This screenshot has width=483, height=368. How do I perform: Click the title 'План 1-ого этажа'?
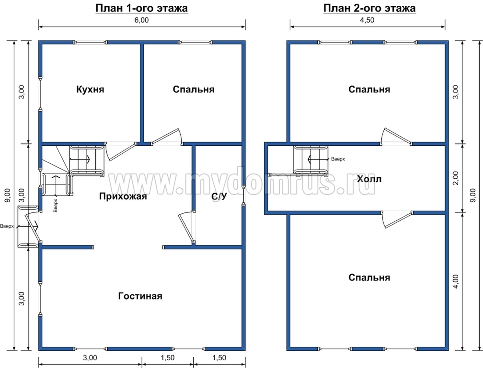(x=142, y=8)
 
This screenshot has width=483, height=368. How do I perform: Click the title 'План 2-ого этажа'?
(x=369, y=8)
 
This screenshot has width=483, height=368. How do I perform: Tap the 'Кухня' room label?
(x=90, y=89)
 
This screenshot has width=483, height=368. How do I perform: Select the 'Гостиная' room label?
(x=140, y=296)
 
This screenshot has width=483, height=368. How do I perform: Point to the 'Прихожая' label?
(x=123, y=196)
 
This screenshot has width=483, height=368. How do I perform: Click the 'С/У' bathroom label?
(x=219, y=196)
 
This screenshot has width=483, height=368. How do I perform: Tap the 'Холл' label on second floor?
(x=369, y=179)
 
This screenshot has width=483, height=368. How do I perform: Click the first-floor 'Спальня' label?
(x=194, y=89)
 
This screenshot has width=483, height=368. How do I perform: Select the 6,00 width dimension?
(x=142, y=20)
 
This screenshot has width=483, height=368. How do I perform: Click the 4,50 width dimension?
(x=367, y=20)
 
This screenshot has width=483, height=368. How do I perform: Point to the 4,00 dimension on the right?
(x=456, y=281)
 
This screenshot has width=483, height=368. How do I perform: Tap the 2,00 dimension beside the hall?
(x=456, y=178)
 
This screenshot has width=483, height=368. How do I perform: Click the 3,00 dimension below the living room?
(x=90, y=358)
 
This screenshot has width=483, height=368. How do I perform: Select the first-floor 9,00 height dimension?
(x=8, y=195)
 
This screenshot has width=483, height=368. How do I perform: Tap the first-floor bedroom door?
(x=166, y=137)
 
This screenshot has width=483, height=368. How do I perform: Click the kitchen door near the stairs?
(x=121, y=152)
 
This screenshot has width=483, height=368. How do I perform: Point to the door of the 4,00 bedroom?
(x=397, y=219)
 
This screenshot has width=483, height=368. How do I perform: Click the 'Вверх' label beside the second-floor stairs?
(x=338, y=159)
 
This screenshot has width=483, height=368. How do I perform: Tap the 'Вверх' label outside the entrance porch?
(x=7, y=226)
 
